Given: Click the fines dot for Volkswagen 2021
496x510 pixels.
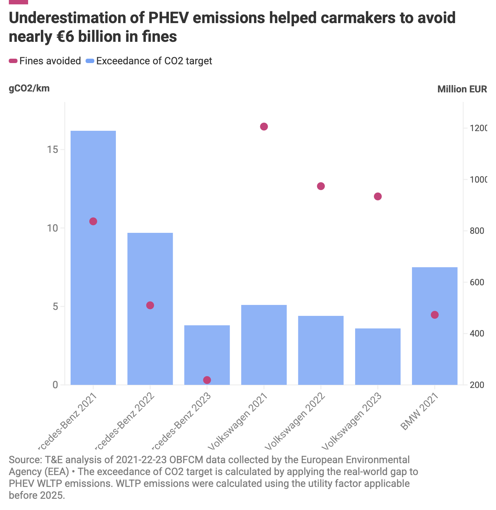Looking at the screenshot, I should pyautogui.click(x=264, y=126).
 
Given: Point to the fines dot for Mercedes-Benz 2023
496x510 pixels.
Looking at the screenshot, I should pyautogui.click(x=207, y=380).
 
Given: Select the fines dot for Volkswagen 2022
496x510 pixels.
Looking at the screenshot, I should pyautogui.click(x=321, y=186).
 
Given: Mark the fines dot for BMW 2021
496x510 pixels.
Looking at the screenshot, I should pyautogui.click(x=434, y=315).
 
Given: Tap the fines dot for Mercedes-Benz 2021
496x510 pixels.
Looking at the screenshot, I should pyautogui.click(x=93, y=221).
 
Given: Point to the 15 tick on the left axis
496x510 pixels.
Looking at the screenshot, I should pyautogui.click(x=53, y=150).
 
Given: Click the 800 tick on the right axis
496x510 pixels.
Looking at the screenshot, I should pyautogui.click(x=477, y=231).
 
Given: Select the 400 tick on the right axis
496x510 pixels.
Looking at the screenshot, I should pyautogui.click(x=477, y=334).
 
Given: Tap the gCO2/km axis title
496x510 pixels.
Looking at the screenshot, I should pyautogui.click(x=29, y=88).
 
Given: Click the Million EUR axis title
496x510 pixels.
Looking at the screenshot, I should pyautogui.click(x=462, y=89).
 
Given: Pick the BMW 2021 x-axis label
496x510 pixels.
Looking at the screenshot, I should pyautogui.click(x=420, y=412).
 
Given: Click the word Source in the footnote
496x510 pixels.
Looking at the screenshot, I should pyautogui.click(x=25, y=460).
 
